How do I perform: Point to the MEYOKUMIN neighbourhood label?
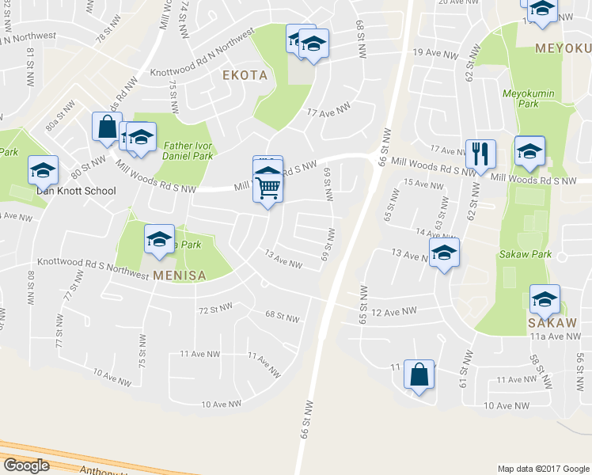tap(563, 47)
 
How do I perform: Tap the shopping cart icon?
tap(268, 188)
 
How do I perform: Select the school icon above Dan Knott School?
tap(43, 169)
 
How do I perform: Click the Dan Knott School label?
tap(76, 191)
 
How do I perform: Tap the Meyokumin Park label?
tap(520, 99)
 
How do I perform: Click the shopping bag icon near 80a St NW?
tap(107, 126)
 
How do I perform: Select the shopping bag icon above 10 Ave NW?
tap(419, 374)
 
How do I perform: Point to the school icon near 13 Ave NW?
tap(444, 253)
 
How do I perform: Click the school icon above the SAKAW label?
tap(544, 299)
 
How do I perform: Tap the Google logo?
tap(26, 465)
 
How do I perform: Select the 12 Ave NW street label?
tap(393, 312)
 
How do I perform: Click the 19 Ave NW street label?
tap(435, 54)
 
